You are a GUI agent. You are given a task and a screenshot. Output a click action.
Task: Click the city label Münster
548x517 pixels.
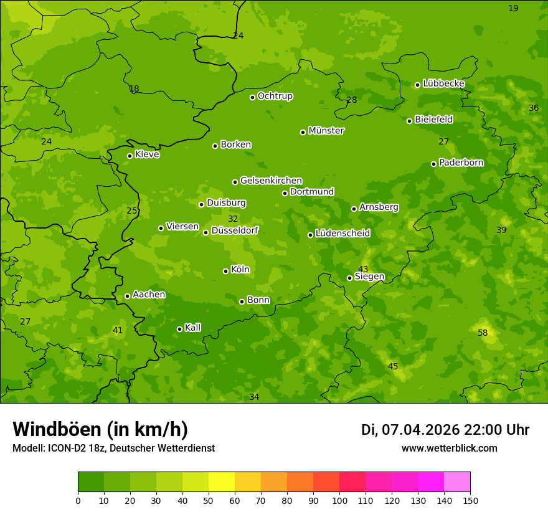click(x=326, y=131)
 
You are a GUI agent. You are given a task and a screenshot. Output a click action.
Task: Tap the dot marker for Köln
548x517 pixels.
click(x=225, y=271)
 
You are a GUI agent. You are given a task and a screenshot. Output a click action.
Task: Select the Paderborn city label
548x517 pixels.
click(x=461, y=163)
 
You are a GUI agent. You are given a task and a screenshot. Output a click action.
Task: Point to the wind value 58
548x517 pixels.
click(x=483, y=333)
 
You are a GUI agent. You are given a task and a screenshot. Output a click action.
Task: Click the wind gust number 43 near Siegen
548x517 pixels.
click(x=363, y=269)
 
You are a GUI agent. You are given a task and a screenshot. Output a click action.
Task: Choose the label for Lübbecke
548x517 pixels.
click(x=443, y=83)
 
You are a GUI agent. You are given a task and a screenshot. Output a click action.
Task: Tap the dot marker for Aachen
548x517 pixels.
click(x=127, y=296)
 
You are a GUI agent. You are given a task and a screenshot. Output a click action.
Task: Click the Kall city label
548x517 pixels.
click(x=192, y=328)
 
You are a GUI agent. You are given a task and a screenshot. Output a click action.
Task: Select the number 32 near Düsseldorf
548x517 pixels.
click(x=233, y=219)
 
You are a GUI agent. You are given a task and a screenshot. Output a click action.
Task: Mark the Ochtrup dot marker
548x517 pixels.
click(x=252, y=97)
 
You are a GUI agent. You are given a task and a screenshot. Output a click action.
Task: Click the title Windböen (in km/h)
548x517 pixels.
click(x=100, y=429)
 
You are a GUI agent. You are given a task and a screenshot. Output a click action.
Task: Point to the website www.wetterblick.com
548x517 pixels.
click(x=449, y=448)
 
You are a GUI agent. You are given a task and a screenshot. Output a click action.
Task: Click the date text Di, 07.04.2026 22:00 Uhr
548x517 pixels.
click(x=445, y=430)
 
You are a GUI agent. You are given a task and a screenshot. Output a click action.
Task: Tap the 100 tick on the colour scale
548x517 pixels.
click(x=339, y=500)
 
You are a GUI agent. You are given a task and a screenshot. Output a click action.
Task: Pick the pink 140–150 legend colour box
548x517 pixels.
click(x=457, y=482)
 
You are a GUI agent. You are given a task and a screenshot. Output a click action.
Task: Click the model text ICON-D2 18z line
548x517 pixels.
click(x=113, y=448)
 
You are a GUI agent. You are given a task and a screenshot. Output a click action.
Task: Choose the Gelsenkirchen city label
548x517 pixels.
click(x=271, y=181)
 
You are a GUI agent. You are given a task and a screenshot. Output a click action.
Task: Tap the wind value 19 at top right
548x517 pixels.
click(x=513, y=8)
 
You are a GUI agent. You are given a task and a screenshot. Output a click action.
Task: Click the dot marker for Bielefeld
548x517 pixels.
click(x=409, y=121)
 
